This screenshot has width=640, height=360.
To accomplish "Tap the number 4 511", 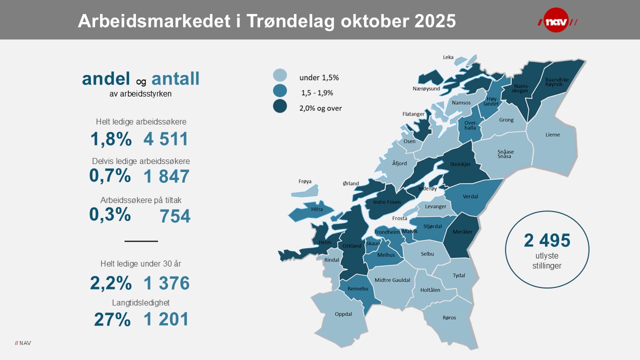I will pyautogui.click(x=165, y=139).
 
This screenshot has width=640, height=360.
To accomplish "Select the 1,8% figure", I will pyautogui.click(x=111, y=139).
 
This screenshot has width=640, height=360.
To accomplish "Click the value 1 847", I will pyautogui.click(x=166, y=176).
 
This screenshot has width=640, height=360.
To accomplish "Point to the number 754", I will pyautogui.click(x=175, y=216).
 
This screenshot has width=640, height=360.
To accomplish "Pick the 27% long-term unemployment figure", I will pyautogui.click(x=112, y=319).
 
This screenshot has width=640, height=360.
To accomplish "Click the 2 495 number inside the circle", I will pyautogui.click(x=547, y=241).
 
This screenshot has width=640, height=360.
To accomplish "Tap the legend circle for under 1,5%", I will pyautogui.click(x=280, y=75).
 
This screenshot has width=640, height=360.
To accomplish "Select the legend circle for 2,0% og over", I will pyautogui.click(x=280, y=106).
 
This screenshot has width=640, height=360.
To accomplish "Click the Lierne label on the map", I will pyautogui.click(x=553, y=134).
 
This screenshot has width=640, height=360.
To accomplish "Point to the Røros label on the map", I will pyautogui.click(x=449, y=317).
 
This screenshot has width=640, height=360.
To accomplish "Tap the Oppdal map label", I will pyautogui.click(x=343, y=314).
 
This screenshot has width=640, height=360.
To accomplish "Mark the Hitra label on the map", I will pyautogui.click(x=316, y=209).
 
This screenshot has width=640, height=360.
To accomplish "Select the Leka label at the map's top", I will pyautogui.click(x=448, y=57).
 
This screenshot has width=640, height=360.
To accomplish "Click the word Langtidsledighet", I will pyautogui.click(x=141, y=302).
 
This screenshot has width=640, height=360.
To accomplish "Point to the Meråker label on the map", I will pyautogui.click(x=462, y=231).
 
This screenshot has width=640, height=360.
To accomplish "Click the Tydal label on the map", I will pyautogui.click(x=458, y=275).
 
